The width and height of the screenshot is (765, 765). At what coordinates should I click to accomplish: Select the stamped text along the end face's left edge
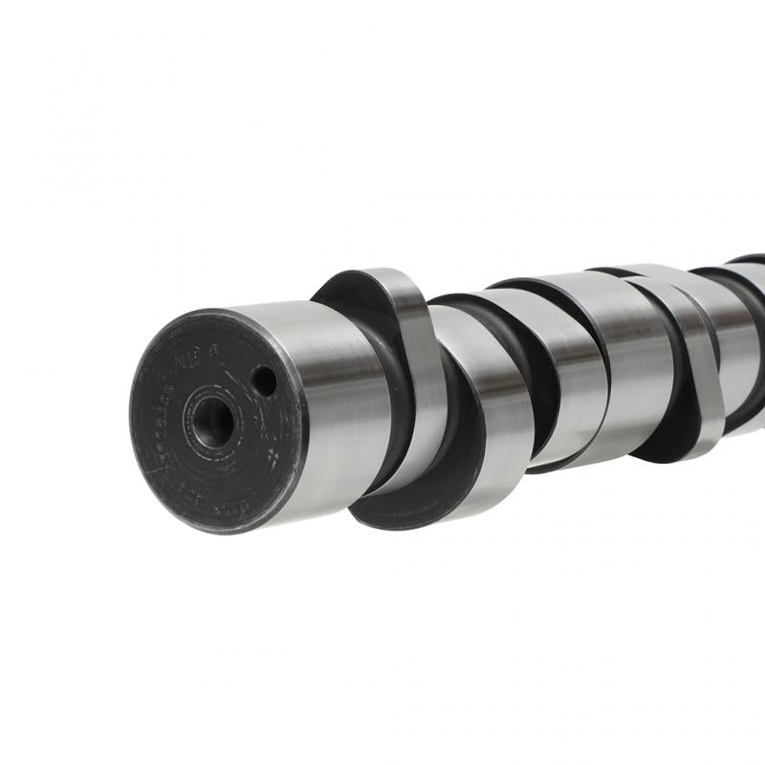coord(153,430)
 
